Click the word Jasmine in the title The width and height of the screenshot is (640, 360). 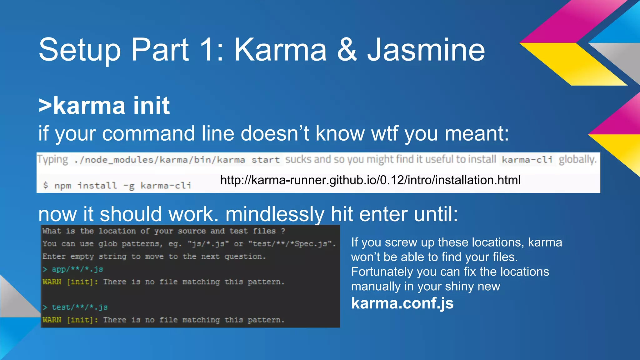tap(426, 50)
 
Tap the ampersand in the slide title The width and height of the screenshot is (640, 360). tap(347, 50)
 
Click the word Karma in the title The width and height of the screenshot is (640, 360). tap(280, 50)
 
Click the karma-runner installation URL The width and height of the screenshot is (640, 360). tap(370, 180)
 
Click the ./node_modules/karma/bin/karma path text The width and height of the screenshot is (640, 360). tap(160, 160)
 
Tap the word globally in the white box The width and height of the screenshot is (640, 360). tap(577, 159)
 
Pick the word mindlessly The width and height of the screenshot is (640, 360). tap(275, 214)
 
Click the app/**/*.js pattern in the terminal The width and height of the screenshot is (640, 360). tap(77, 269)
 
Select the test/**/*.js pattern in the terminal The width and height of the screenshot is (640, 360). tap(80, 307)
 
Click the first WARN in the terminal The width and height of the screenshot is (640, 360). tap(52, 282)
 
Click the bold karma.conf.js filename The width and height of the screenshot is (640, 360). tap(402, 303)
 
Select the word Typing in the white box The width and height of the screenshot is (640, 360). tap(52, 159)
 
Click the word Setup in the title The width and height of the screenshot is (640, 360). tap(80, 50)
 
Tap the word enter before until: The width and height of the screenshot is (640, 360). tap(384, 214)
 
